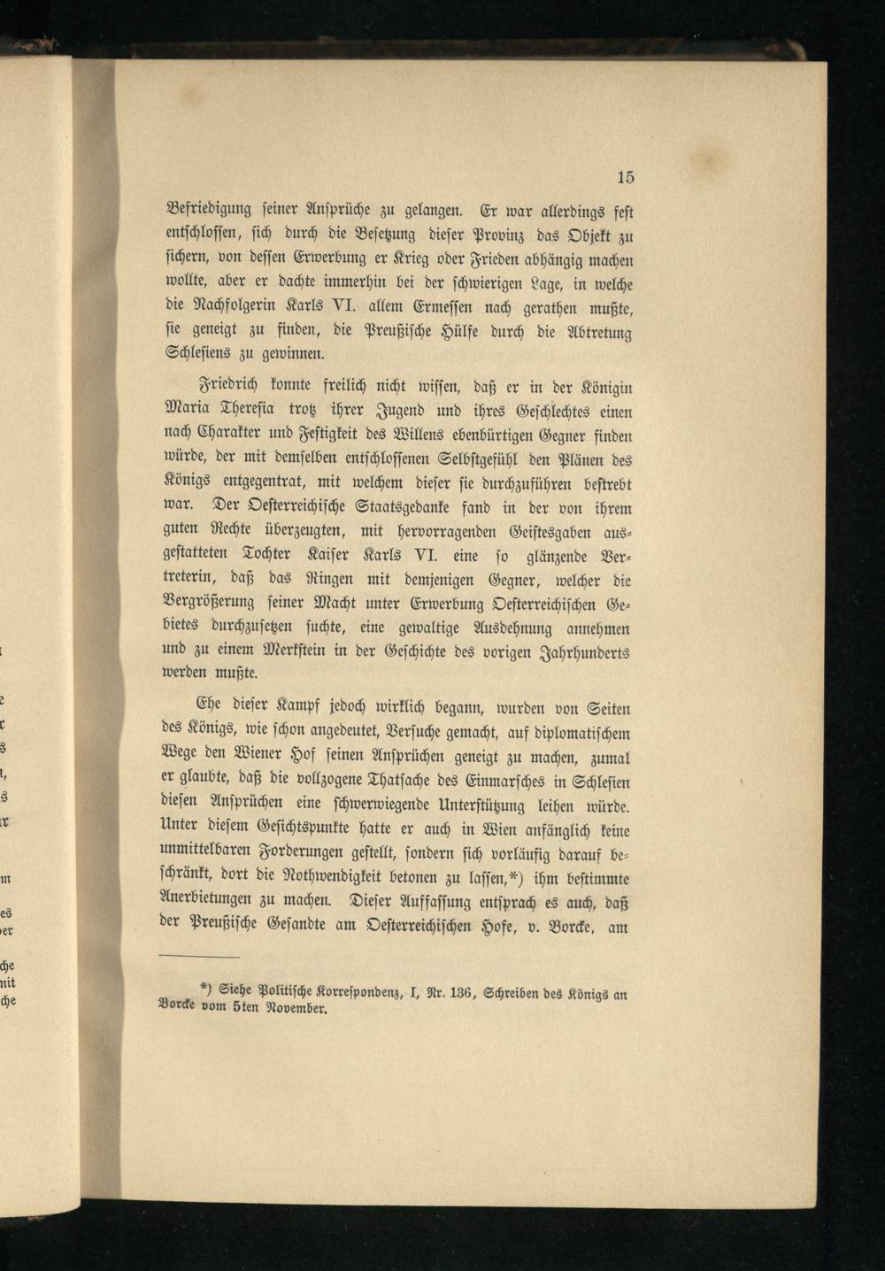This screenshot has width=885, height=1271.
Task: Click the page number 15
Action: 625,177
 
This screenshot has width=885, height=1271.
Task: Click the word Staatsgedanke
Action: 408,509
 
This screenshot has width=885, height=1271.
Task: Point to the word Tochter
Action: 281,558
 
